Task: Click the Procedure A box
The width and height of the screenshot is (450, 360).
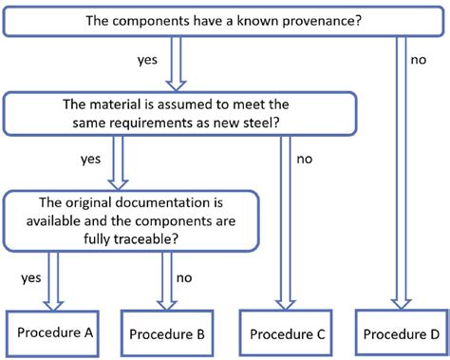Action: tap(56, 332)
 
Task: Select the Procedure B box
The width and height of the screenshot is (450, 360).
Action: tap(166, 333)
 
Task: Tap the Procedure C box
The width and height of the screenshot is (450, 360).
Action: tap(288, 333)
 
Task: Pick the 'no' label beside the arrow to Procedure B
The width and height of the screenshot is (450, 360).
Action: tap(183, 278)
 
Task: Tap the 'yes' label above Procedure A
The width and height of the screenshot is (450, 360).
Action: tap(30, 278)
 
